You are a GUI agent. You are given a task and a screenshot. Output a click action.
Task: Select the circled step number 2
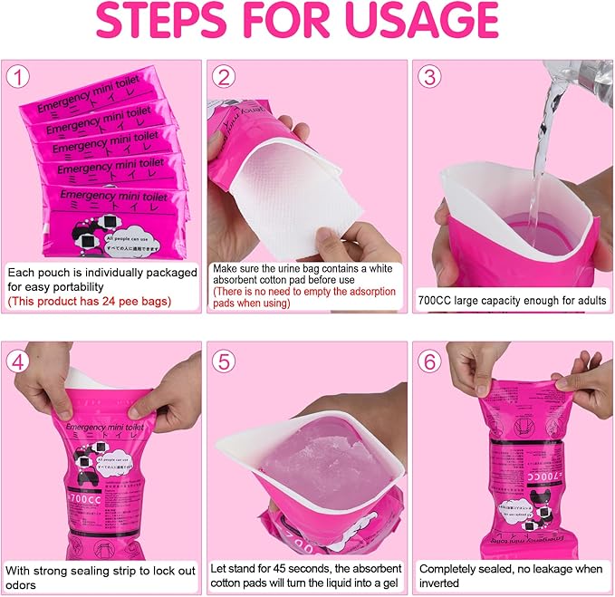pos(224,79)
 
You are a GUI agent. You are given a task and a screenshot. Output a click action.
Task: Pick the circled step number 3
pos(430,79)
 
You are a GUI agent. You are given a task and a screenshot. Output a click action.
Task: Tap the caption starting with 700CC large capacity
pos(512,300)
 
